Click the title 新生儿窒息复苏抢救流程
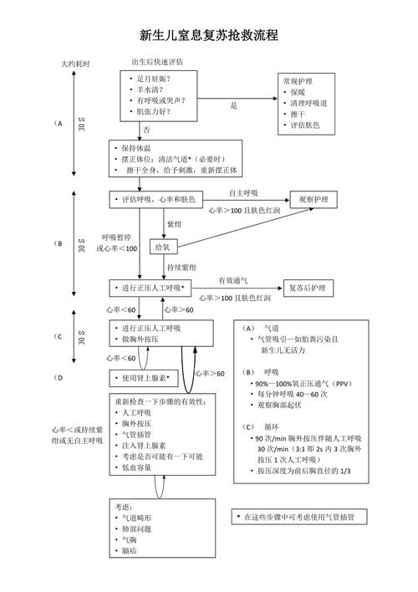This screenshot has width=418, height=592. click(208, 36)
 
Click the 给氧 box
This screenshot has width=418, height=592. click(161, 248)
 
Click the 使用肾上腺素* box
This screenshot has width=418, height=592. click(145, 378)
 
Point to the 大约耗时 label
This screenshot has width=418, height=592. click(75, 64)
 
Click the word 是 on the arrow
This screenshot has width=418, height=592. click(234, 105)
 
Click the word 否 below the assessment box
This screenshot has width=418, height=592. click(146, 130)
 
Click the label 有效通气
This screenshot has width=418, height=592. click(233, 281)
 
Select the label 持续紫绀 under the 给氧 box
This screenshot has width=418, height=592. click(181, 267)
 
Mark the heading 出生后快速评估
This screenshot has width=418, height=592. click(158, 62)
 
